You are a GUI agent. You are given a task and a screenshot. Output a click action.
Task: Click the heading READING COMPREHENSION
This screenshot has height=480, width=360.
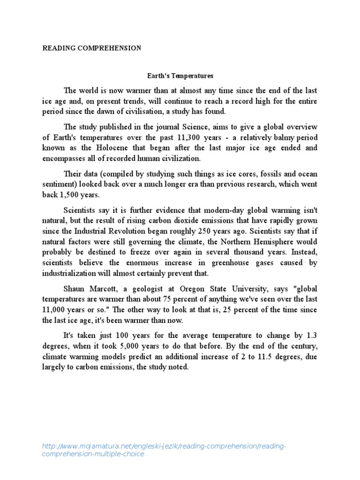(x=92, y=48)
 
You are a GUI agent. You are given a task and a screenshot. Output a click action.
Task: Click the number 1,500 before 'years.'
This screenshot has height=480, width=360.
(x=58, y=195)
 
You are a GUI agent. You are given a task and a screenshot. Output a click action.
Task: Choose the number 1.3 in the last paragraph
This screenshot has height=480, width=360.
(x=310, y=336)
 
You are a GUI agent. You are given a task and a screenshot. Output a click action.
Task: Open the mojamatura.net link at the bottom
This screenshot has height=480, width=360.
(x=164, y=450)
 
